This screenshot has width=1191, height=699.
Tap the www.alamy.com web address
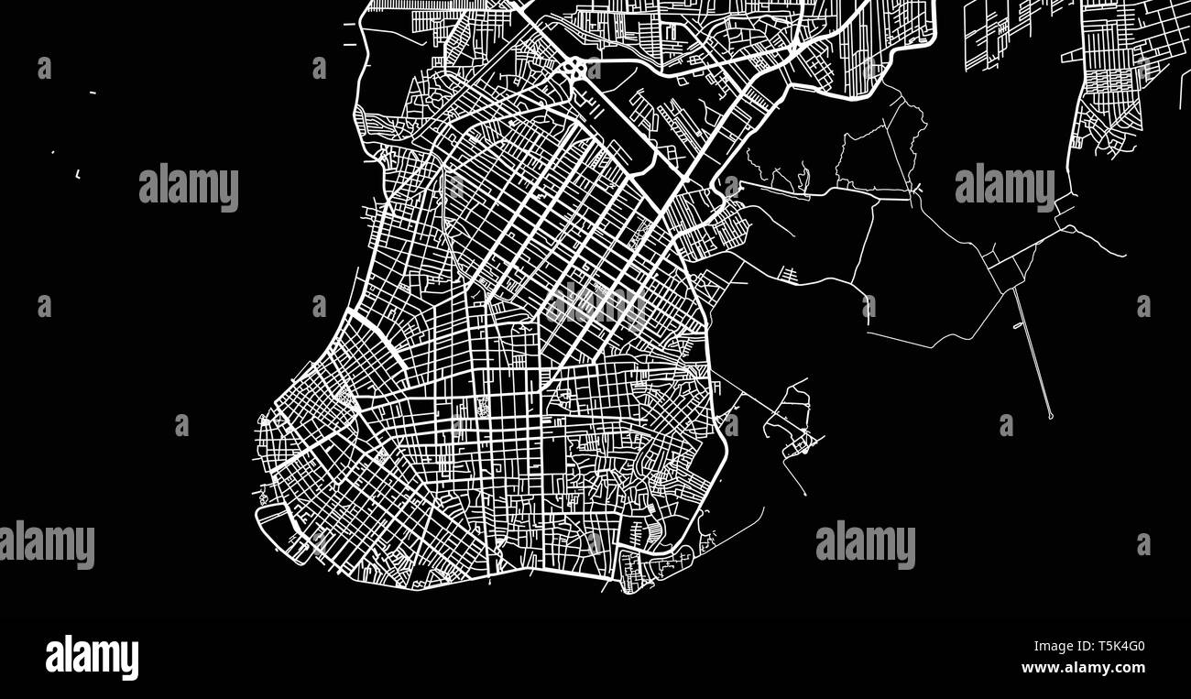tap(1083, 667)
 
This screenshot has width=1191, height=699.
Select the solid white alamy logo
tap(92, 658)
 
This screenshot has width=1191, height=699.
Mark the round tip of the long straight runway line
tap(1051, 417)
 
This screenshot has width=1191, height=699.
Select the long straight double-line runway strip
tap(1032, 353)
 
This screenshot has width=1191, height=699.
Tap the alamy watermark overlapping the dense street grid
tap(595, 304)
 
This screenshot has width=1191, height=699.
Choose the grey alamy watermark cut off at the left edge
tap(46, 544)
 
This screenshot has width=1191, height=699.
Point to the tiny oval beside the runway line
tap(1019, 325)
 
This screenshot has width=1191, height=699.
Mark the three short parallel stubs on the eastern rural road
tap(786, 272)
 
